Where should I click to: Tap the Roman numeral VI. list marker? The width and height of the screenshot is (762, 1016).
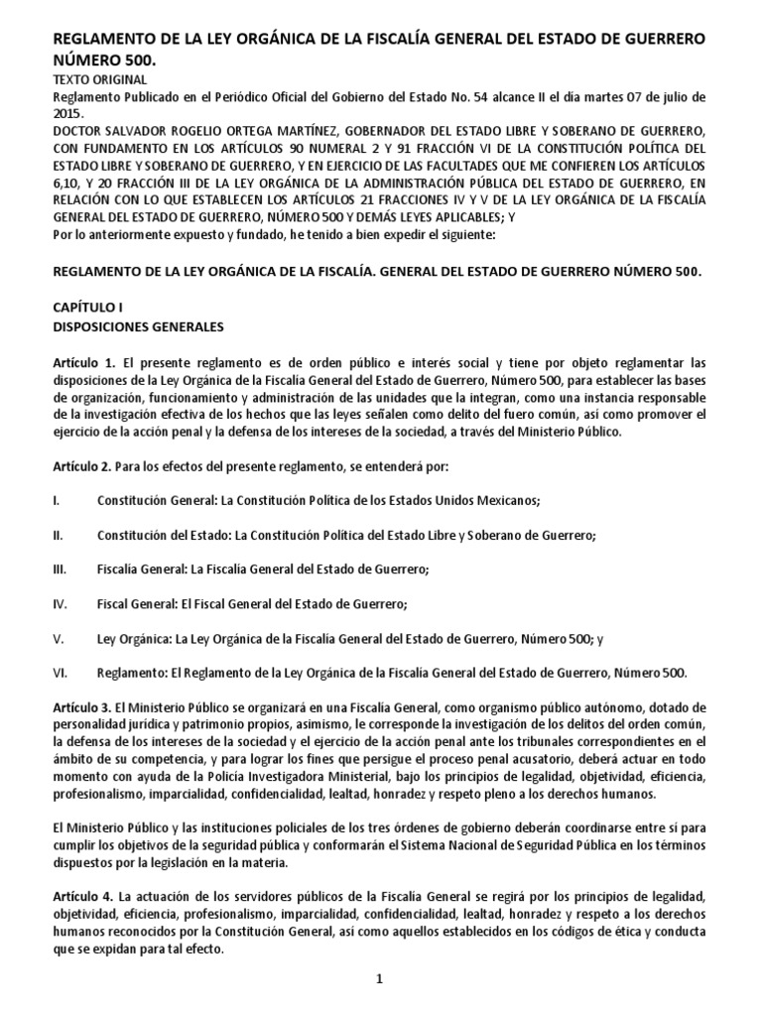[60, 673]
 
